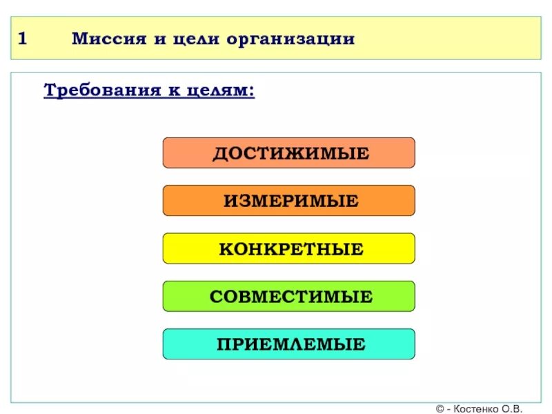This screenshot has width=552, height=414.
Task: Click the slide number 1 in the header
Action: pyautogui.click(x=22, y=39)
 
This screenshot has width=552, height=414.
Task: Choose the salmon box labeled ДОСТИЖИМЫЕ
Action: pyautogui.click(x=288, y=153)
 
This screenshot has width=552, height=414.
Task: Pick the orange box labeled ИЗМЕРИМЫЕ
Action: pyautogui.click(x=288, y=201)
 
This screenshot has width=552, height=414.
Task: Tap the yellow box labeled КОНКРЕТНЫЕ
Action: pyautogui.click(x=288, y=248)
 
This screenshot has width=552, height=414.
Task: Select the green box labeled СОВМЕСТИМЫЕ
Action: pyautogui.click(x=288, y=297)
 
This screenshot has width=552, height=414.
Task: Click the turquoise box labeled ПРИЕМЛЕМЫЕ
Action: pyautogui.click(x=288, y=344)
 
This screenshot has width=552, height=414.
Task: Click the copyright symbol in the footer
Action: pyautogui.click(x=440, y=408)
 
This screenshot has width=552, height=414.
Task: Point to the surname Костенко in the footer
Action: pyautogui.click(x=480, y=408)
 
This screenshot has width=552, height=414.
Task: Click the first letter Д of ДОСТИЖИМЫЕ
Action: pyautogui.click(x=219, y=154)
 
